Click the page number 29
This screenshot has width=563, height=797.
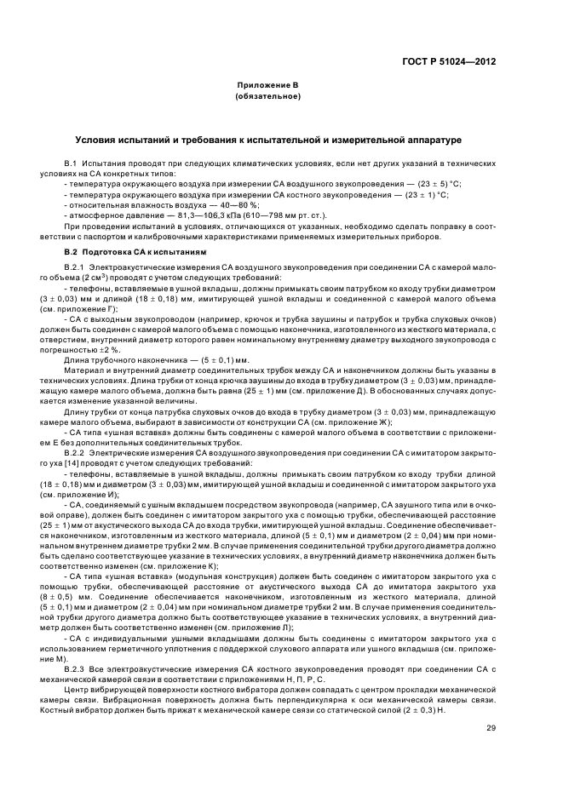[x=491, y=704]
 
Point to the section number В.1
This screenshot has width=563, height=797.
[x=71, y=162]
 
